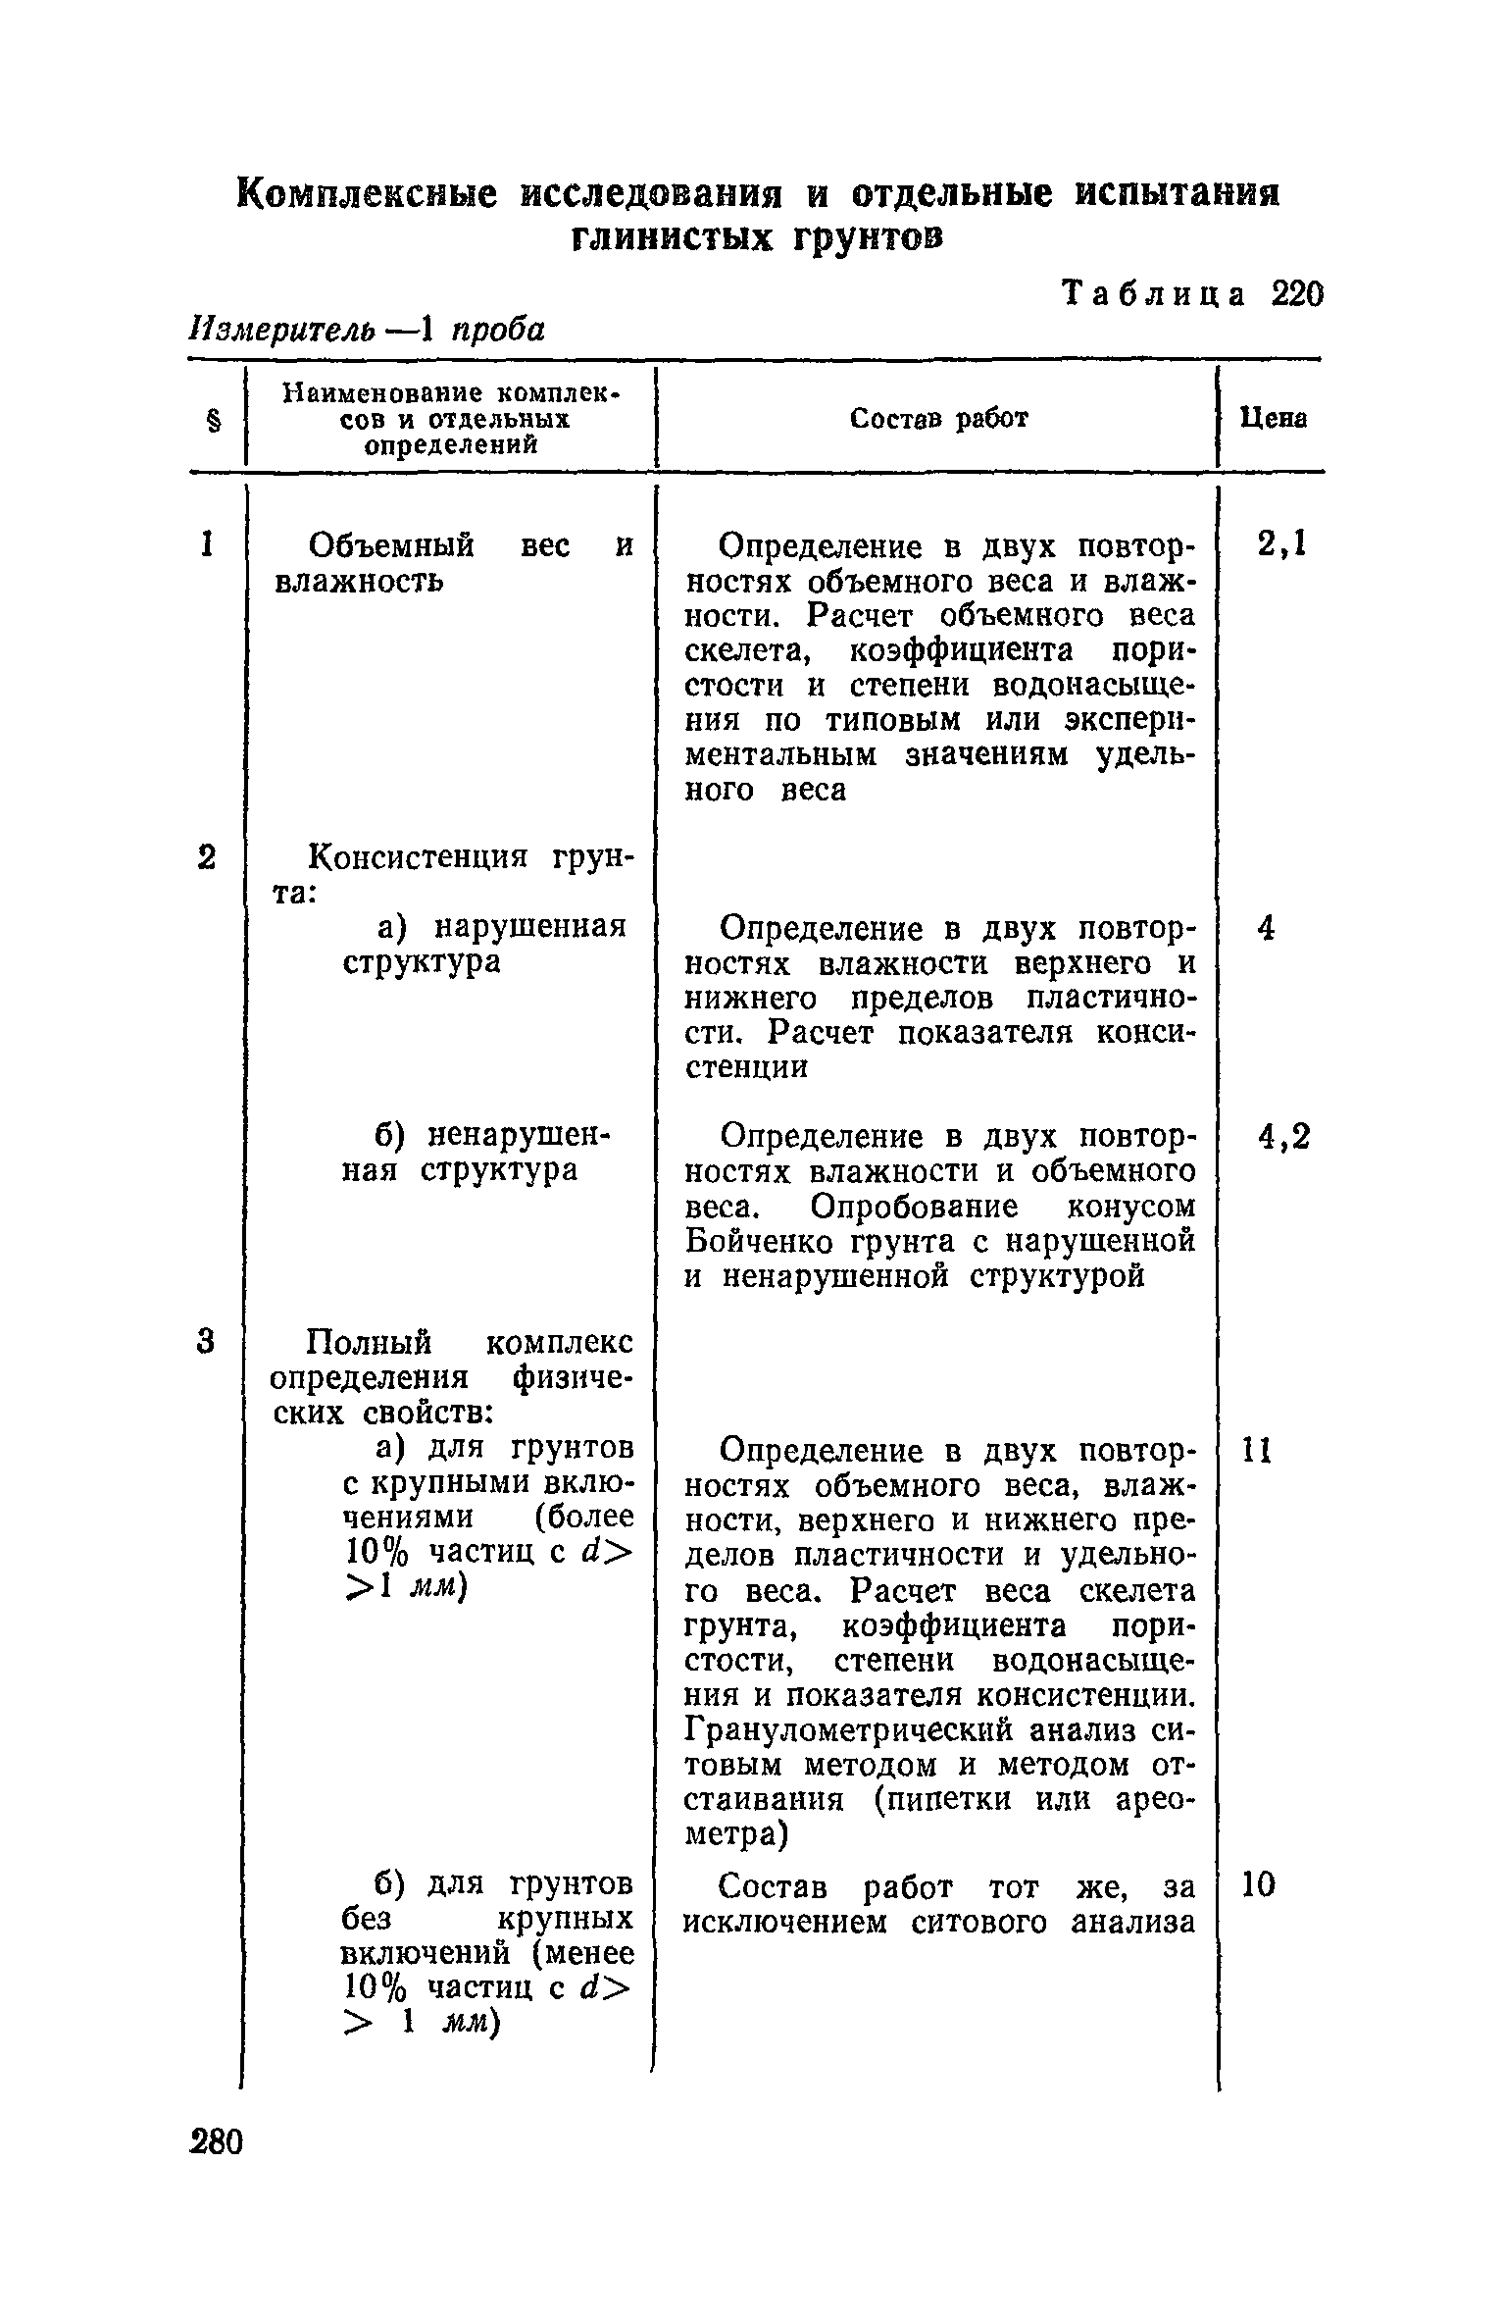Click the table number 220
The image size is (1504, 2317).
pos(1296,293)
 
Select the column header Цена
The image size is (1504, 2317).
pos(1273,419)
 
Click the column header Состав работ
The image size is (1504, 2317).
pos(938,419)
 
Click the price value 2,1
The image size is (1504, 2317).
pos(1281,544)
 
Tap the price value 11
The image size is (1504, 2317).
pos(1257,1450)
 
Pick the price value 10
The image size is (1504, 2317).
pos(1259,1884)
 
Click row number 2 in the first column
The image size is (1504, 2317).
pos(206,857)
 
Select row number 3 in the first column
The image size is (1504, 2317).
pos(205,1341)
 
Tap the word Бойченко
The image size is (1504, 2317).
pos(760,1242)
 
